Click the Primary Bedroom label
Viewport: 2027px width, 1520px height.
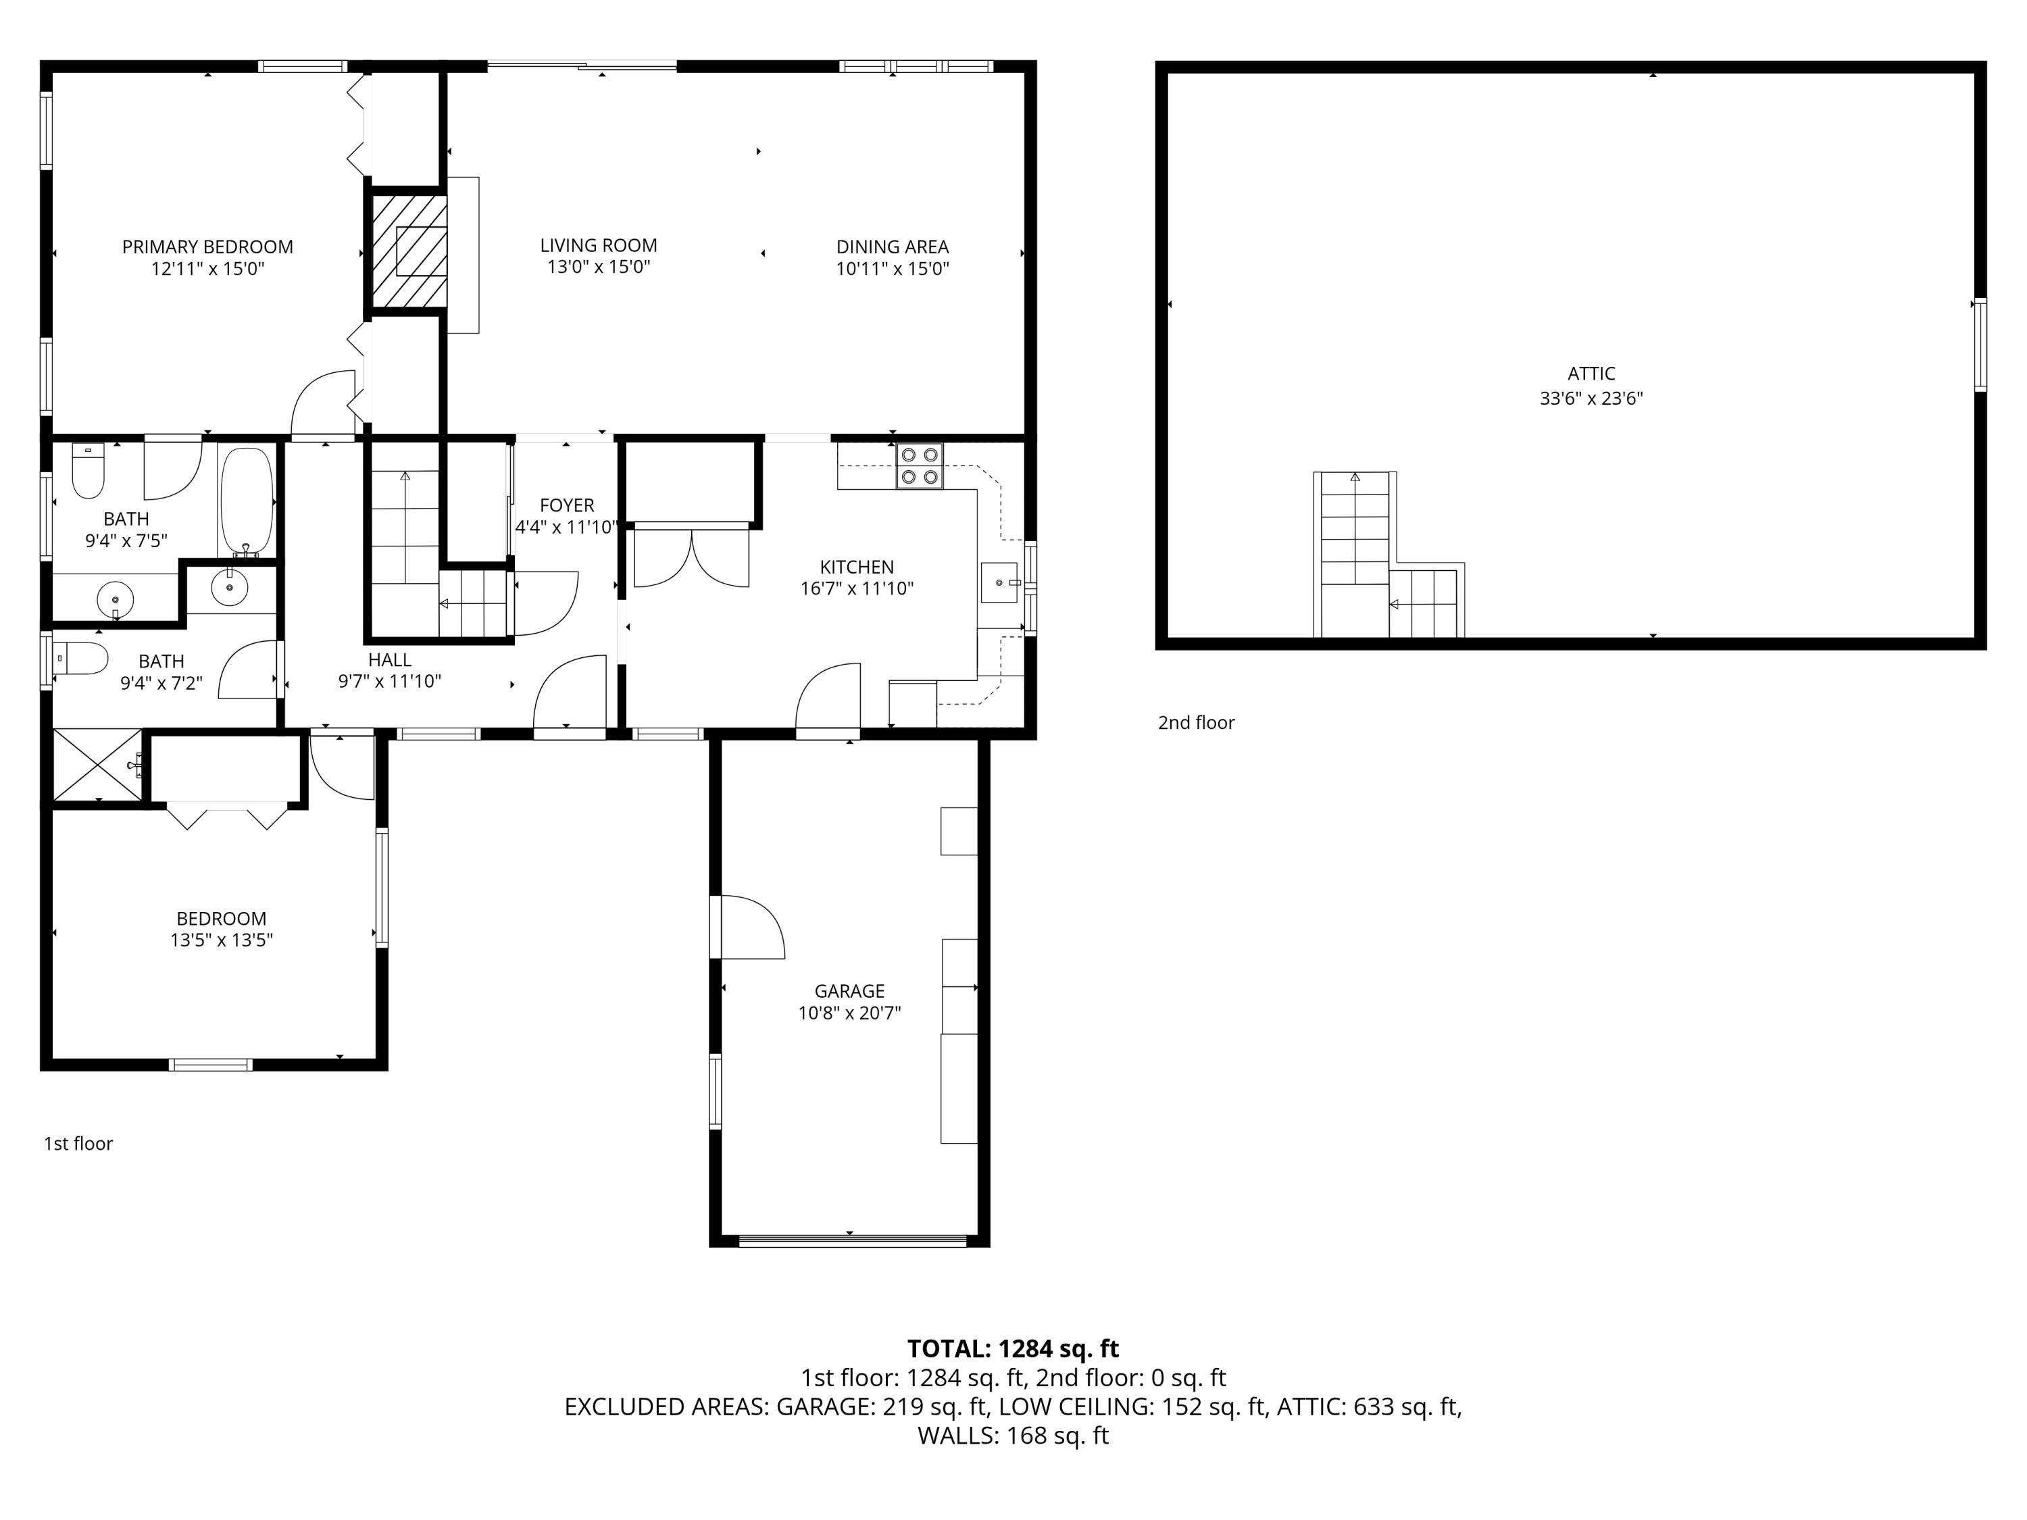pos(207,247)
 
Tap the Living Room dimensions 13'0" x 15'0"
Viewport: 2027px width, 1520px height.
pos(599,268)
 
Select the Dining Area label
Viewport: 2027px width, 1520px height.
pos(892,247)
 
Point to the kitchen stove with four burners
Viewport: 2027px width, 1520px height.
pos(919,465)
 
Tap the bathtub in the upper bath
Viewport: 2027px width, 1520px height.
pos(247,499)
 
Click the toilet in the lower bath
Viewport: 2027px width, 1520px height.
pos(80,658)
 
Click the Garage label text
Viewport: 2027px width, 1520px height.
pos(849,991)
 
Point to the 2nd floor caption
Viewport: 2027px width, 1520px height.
pos(1196,723)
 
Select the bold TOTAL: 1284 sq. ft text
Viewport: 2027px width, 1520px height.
pos(1013,1348)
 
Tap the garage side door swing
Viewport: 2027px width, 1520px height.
pos(749,928)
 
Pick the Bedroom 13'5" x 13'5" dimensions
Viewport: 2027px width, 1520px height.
pos(221,940)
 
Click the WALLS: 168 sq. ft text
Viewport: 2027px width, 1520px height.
pos(1013,1436)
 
